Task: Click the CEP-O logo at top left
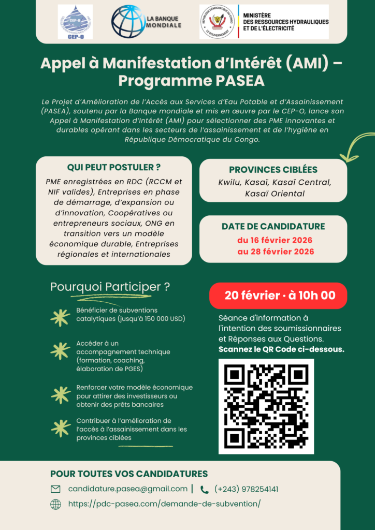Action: click(75, 22)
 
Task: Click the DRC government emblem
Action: click(218, 22)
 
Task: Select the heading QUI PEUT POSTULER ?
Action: click(113, 167)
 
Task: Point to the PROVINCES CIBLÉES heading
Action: click(273, 169)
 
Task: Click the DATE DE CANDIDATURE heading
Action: click(273, 226)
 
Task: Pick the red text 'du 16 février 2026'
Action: click(275, 240)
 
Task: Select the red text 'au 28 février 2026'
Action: click(275, 252)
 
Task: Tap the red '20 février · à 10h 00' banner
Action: click(278, 296)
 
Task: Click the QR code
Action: click(266, 406)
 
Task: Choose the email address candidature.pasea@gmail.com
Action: click(128, 489)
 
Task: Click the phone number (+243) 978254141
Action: click(246, 489)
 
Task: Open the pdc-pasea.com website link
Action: click(164, 504)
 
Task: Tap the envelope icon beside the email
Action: click(55, 489)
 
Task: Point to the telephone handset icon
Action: click(205, 489)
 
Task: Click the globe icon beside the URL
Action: click(55, 504)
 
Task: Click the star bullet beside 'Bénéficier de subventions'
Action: click(61, 317)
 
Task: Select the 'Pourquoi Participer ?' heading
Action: click(110, 287)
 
